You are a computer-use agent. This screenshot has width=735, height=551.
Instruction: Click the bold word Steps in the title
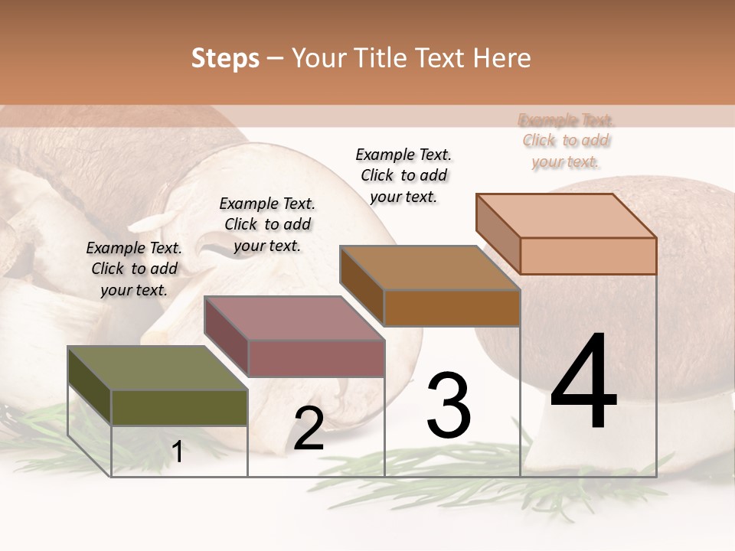pyautogui.click(x=224, y=58)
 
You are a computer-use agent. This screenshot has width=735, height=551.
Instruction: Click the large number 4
pyautogui.click(x=583, y=383)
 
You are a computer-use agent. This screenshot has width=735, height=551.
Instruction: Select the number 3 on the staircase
pyautogui.click(x=449, y=406)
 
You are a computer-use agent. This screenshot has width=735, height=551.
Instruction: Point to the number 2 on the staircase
pyautogui.click(x=309, y=429)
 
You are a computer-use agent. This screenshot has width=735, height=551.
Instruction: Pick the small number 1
pyautogui.click(x=178, y=452)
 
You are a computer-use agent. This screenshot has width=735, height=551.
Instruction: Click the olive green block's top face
pyautogui.click(x=157, y=368)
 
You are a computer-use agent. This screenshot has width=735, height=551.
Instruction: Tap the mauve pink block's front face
pyautogui.click(x=316, y=358)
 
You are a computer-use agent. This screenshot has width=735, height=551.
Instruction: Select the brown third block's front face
pyautogui.click(x=452, y=308)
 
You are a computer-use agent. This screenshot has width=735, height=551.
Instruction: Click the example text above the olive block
pyautogui.click(x=134, y=269)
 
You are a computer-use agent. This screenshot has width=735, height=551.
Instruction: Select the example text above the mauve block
pyautogui.click(x=267, y=224)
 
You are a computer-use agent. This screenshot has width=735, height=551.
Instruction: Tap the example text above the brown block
pyautogui.click(x=403, y=175)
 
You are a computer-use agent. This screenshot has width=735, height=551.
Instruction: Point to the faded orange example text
pyautogui.click(x=566, y=140)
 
